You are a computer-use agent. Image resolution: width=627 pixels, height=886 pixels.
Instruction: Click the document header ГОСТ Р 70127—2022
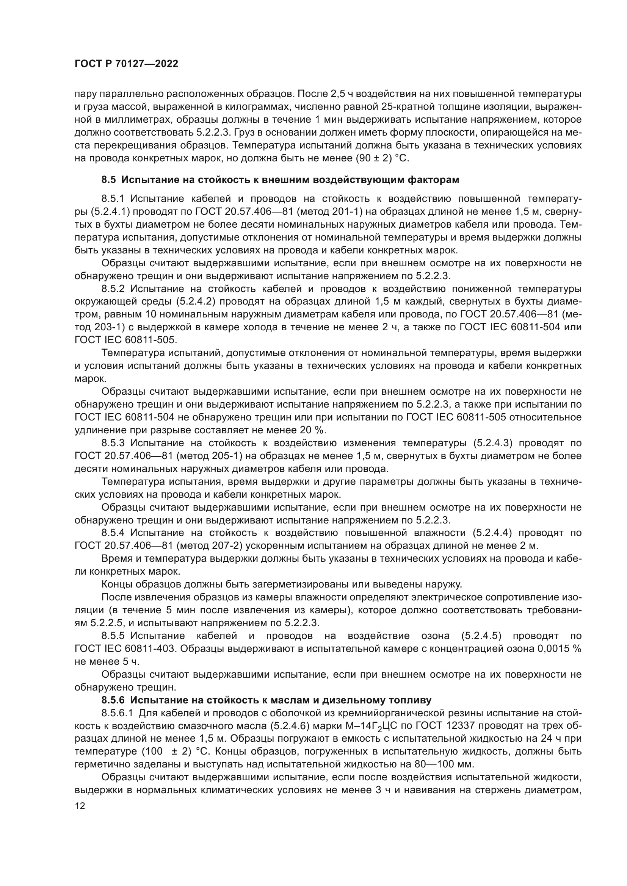(x=126, y=64)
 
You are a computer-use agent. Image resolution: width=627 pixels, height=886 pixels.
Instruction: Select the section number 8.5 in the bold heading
(x=108, y=180)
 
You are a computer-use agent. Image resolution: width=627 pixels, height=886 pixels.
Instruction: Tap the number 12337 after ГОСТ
(x=462, y=726)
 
